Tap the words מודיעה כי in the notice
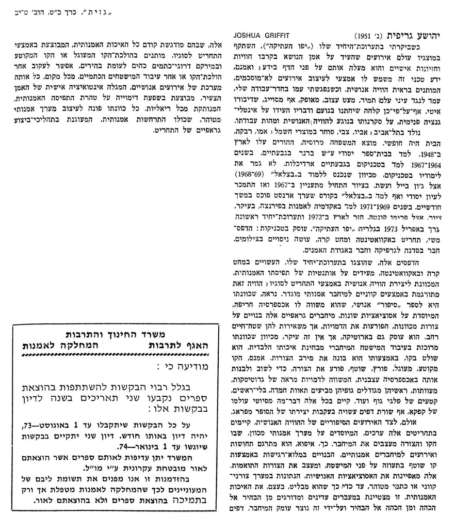[182, 368]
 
